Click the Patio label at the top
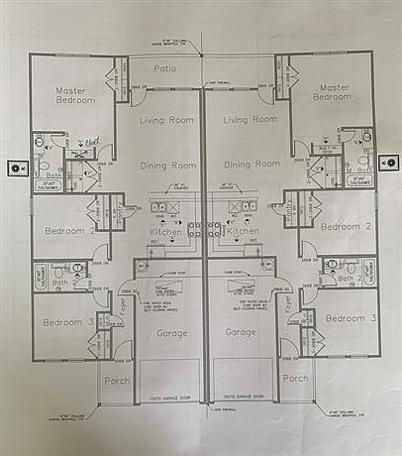(167, 67)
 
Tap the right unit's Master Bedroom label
(332, 92)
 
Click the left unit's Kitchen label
(165, 231)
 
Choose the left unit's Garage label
(171, 333)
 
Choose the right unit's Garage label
(241, 333)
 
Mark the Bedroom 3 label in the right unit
(352, 318)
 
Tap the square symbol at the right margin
(390, 163)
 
